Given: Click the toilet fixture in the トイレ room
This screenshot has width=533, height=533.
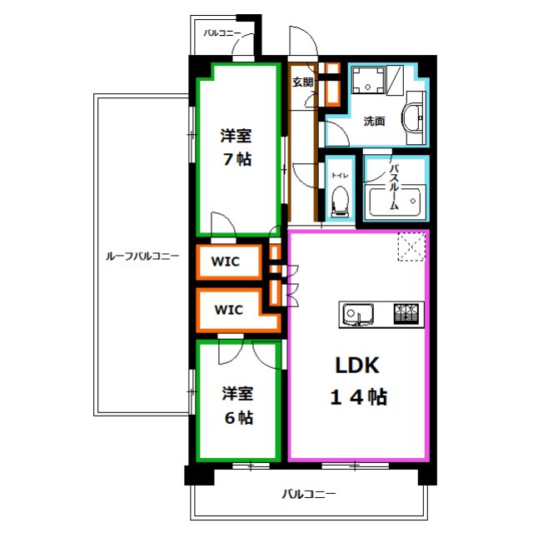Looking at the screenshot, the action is [x=341, y=202].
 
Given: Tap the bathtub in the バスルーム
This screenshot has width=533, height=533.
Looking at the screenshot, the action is [x=395, y=201].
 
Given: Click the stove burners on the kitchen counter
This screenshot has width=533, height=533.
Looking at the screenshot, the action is [x=406, y=314].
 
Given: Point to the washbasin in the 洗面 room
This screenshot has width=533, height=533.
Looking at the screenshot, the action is [x=412, y=117].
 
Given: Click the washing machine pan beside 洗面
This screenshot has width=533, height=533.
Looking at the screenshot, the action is [x=368, y=80].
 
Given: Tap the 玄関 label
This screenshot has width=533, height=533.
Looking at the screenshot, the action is [x=302, y=82].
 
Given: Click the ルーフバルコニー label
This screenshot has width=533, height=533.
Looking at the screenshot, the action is [x=142, y=256].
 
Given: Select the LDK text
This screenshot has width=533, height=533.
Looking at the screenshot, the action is [x=357, y=366].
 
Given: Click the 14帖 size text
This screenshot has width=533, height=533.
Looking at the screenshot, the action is [x=359, y=396].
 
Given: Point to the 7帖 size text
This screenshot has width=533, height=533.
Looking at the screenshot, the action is [x=237, y=159].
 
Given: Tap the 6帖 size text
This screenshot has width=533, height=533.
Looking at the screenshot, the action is [x=239, y=417].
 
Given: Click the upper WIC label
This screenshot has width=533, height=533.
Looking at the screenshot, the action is [x=226, y=262].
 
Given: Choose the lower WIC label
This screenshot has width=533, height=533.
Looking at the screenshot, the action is [x=229, y=310].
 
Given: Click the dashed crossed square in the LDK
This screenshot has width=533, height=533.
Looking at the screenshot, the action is [x=411, y=247].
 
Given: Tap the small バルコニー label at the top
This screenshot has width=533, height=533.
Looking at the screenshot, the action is [x=222, y=33].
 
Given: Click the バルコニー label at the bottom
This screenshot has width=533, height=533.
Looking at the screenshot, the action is [x=309, y=494].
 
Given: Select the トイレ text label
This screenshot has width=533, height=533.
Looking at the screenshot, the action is [x=341, y=176].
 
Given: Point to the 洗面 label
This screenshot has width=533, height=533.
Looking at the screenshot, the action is [x=374, y=121].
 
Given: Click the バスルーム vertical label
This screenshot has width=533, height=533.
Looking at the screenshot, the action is [x=394, y=187].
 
